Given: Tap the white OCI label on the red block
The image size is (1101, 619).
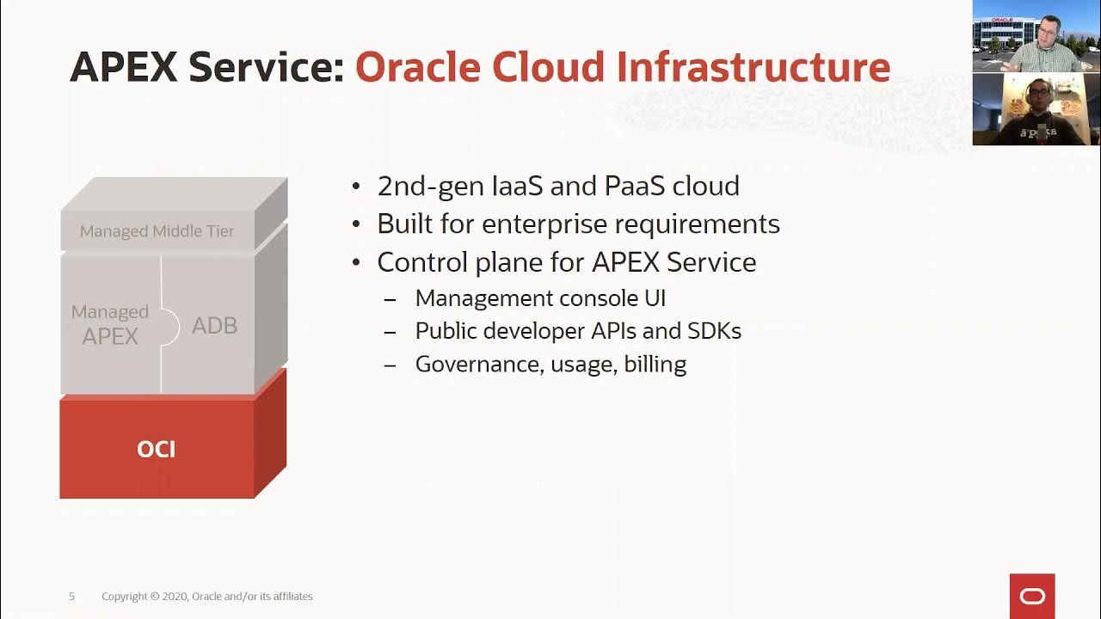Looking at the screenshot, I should point(157,449).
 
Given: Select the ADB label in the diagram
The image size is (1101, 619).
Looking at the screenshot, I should point(214,326).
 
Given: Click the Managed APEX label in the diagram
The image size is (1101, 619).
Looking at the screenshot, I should point(110,324).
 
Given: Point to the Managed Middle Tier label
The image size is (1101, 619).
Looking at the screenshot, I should point(157,231).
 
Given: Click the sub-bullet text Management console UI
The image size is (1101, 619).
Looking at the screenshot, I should point(540,298).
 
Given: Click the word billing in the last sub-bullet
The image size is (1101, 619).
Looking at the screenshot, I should point(655,365).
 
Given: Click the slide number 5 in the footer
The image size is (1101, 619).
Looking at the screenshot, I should point(72,597).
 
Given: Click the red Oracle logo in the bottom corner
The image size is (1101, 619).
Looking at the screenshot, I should point(1032,596).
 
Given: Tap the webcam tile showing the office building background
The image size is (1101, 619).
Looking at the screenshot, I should point(1036,36).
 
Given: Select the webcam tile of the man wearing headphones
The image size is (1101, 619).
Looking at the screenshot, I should point(1036,109).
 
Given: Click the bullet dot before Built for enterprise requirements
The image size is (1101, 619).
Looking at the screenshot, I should point(357,225).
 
